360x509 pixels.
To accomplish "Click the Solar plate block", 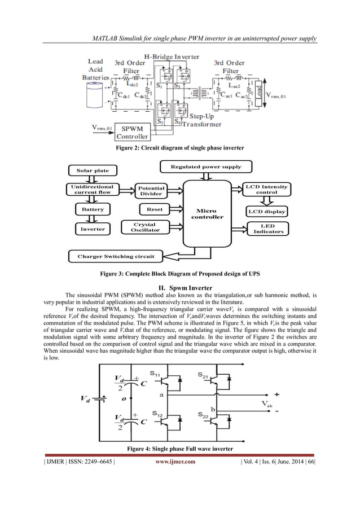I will [93, 170].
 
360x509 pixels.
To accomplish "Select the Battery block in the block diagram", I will [93, 209].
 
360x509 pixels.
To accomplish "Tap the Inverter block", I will [93, 229].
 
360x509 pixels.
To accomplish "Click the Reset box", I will [154, 209].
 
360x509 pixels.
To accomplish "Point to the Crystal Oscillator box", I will [146, 227].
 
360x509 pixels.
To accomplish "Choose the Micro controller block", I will [207, 213].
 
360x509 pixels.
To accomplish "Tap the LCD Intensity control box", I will [266, 189].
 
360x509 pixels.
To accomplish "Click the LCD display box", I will [266, 212].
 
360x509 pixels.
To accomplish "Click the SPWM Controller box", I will [132, 132].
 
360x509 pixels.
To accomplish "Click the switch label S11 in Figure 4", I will [157, 374].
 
